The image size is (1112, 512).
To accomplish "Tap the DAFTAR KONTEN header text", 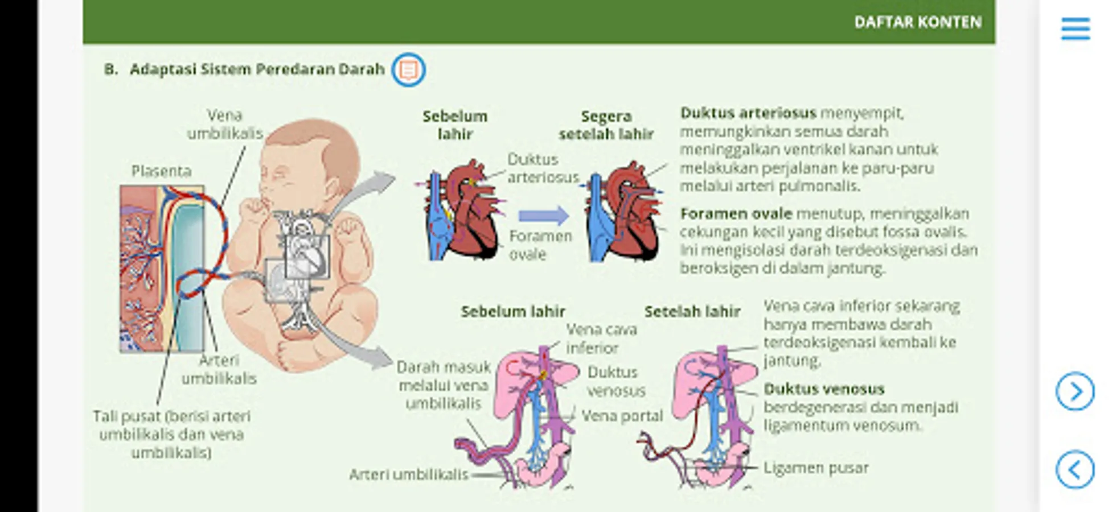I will point(917,22).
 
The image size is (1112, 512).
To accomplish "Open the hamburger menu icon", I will point(1075,29).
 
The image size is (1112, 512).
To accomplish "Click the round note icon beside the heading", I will point(408,70).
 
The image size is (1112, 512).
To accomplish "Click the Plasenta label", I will point(161,171).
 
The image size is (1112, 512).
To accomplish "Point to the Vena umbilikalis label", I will point(225,124).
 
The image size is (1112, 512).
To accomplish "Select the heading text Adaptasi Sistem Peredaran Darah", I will point(257,69).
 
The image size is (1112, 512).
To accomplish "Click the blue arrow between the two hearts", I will point(543,216).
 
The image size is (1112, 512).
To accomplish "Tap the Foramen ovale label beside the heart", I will point(540,245).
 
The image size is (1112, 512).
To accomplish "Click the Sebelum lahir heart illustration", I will point(461,213).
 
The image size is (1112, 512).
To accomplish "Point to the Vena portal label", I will point(622,416).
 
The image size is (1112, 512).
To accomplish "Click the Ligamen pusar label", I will point(815,468).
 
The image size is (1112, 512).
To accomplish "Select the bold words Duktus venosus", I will point(823,389).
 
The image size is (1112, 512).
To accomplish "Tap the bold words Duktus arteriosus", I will point(748,113).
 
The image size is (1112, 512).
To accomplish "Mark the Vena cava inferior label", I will point(601,338).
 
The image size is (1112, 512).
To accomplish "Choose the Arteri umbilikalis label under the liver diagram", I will point(408,474).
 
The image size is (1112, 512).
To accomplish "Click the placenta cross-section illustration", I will point(161,267).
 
